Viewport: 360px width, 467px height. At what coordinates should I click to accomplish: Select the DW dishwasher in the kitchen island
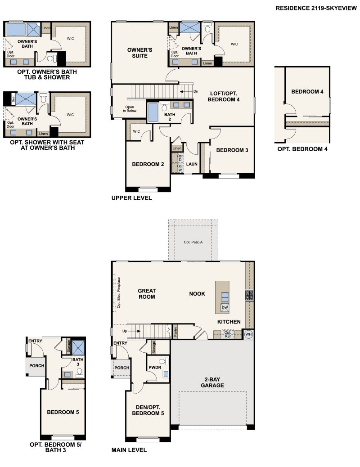[x=225, y=308]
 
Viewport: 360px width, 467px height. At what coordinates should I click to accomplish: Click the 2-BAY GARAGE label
[x=213, y=382]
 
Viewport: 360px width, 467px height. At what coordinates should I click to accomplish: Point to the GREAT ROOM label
[x=146, y=294]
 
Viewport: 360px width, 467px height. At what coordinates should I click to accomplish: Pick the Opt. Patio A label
[x=193, y=242]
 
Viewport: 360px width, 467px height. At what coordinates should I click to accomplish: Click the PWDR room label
[x=155, y=368]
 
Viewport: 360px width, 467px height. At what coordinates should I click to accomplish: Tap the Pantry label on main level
[x=175, y=332]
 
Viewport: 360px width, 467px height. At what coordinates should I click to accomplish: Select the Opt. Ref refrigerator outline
[x=228, y=334]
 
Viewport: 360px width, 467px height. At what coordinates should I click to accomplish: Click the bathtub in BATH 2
[x=153, y=112]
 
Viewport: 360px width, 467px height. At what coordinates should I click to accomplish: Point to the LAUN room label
[x=192, y=164]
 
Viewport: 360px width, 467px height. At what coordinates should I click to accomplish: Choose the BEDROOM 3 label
[x=232, y=150]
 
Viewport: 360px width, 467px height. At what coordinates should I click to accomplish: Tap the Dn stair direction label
[x=195, y=91]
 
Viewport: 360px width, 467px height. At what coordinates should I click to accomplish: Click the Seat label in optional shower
[x=13, y=99]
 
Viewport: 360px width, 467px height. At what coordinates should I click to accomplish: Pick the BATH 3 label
[x=78, y=362]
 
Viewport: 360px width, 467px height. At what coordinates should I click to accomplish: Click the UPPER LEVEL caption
[x=131, y=198]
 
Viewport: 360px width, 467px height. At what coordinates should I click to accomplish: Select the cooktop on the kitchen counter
[x=249, y=295]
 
